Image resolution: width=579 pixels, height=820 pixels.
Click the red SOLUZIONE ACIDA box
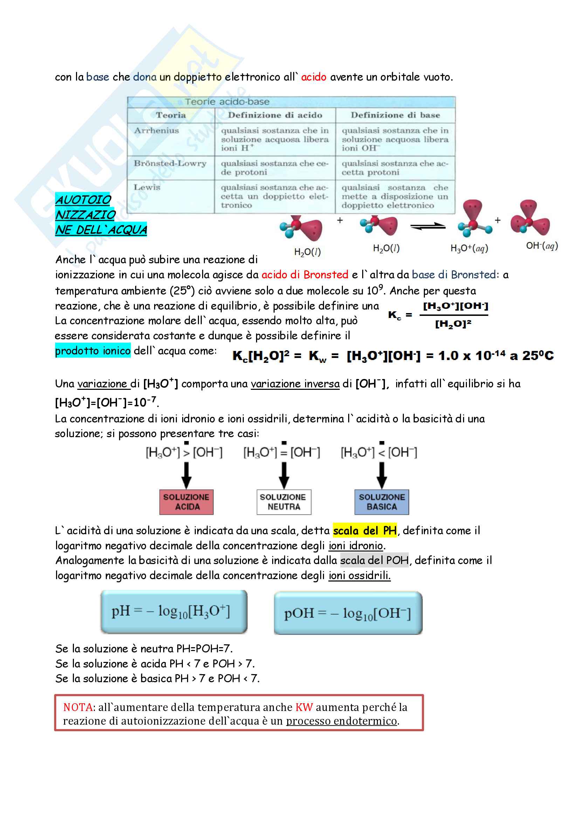186,502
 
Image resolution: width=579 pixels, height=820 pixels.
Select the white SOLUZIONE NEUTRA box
284,502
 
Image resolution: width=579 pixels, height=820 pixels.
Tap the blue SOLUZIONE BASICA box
381,502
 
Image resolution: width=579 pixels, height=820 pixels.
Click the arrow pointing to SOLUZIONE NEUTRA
284,475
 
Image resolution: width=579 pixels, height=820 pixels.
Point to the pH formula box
174,611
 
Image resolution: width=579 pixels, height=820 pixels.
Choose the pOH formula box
348,613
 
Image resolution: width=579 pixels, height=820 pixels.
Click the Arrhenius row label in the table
156,131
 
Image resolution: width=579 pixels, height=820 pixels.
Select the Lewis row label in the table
147,187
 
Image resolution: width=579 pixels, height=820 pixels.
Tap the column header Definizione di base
395,115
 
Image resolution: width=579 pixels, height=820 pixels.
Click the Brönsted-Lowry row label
170,164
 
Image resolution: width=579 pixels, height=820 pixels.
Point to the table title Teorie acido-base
227,102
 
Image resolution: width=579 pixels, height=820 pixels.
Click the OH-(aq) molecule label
542,246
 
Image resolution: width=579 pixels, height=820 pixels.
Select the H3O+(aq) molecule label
469,248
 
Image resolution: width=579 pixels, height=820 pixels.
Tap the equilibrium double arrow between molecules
428,226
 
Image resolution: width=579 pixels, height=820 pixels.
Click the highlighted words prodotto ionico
93,351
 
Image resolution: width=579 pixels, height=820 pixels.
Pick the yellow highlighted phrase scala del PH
365,531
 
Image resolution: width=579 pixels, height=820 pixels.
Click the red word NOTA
78,707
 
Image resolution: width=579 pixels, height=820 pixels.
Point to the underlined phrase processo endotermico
342,721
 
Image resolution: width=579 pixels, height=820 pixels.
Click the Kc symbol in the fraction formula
394,315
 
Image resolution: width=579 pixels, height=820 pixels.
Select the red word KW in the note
304,707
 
